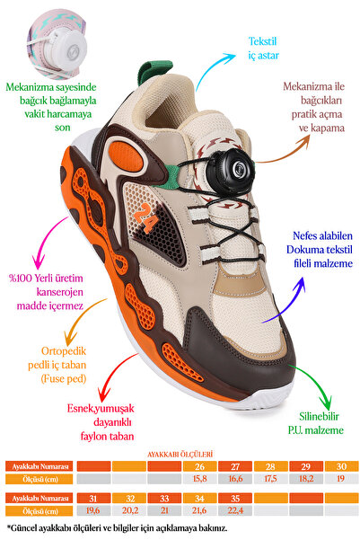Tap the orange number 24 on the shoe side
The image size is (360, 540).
pos(145,217)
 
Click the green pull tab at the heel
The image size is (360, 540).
pos(154,72)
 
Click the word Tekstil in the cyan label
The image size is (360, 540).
pos(263,41)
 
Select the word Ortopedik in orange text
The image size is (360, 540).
pos(64,351)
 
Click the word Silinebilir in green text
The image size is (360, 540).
pos(319,416)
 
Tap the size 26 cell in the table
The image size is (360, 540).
pos(199,466)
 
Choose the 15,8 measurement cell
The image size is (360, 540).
pos(199,479)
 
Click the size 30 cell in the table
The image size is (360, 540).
pos(341,466)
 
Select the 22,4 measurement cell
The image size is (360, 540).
pos(235,510)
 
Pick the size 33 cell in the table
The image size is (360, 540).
pos(164,499)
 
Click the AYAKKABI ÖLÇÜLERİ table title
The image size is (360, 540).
pos(180,455)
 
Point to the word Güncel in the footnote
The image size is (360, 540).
pos(23,528)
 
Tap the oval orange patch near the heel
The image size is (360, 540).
pos(127,156)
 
